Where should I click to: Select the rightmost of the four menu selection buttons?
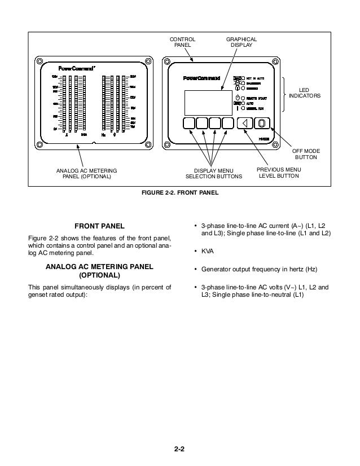[228, 124]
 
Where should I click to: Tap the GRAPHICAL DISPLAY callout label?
[242, 42]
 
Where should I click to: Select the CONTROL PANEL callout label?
[183, 42]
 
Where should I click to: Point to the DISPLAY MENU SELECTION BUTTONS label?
[213, 173]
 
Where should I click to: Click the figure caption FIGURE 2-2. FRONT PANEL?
[180, 194]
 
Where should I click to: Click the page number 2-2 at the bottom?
[180, 449]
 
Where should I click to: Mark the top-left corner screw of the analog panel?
[39, 60]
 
